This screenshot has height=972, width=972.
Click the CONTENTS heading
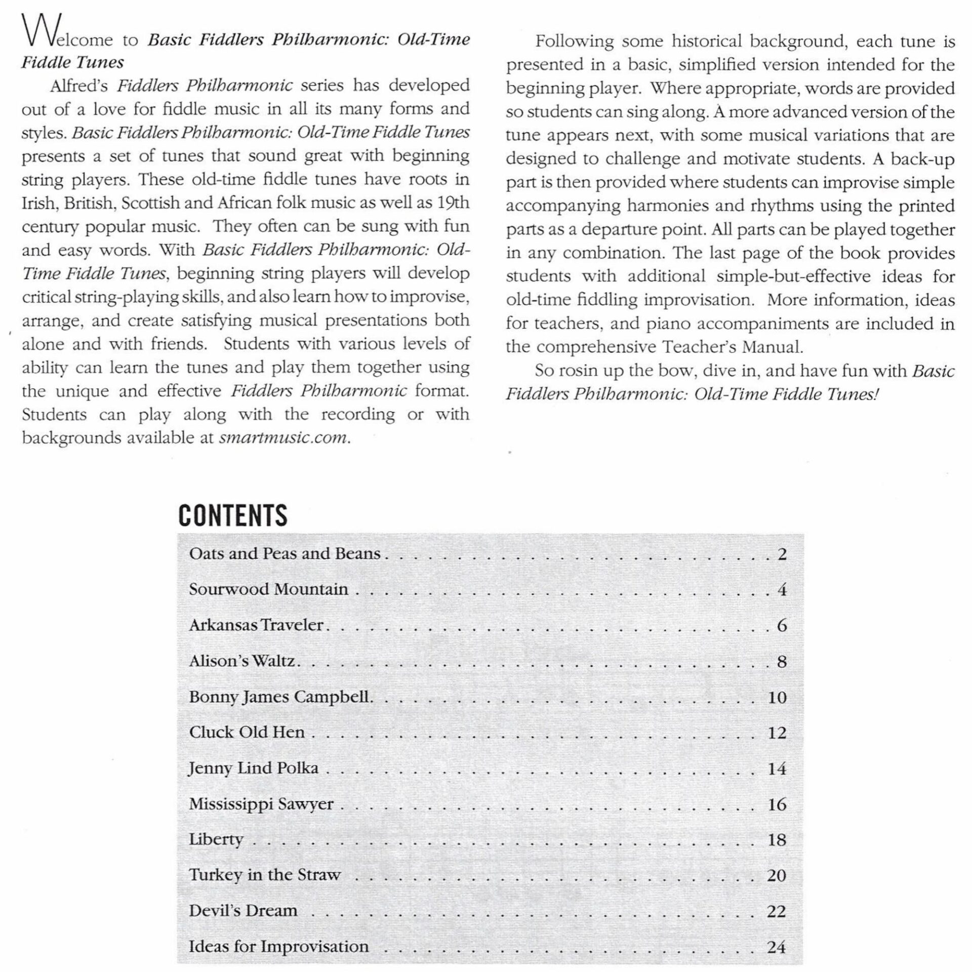[x=233, y=515]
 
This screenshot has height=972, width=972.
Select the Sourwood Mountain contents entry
[x=268, y=589]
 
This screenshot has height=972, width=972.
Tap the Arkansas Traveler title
[x=256, y=625]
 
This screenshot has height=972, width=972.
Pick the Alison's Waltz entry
[x=242, y=661]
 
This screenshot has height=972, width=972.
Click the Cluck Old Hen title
[x=247, y=733]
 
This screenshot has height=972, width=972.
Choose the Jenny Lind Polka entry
[x=254, y=768]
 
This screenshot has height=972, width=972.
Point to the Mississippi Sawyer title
[x=261, y=804]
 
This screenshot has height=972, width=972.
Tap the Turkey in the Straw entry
[x=265, y=875]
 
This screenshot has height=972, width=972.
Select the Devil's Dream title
[x=243, y=911]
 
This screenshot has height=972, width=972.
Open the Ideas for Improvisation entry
[x=278, y=947]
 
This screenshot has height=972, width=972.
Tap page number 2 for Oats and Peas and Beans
[x=782, y=554]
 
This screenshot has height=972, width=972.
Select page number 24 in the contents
[x=777, y=947]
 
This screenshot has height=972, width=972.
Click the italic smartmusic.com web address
[x=283, y=437]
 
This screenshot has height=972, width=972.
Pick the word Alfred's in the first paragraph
[x=78, y=86]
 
